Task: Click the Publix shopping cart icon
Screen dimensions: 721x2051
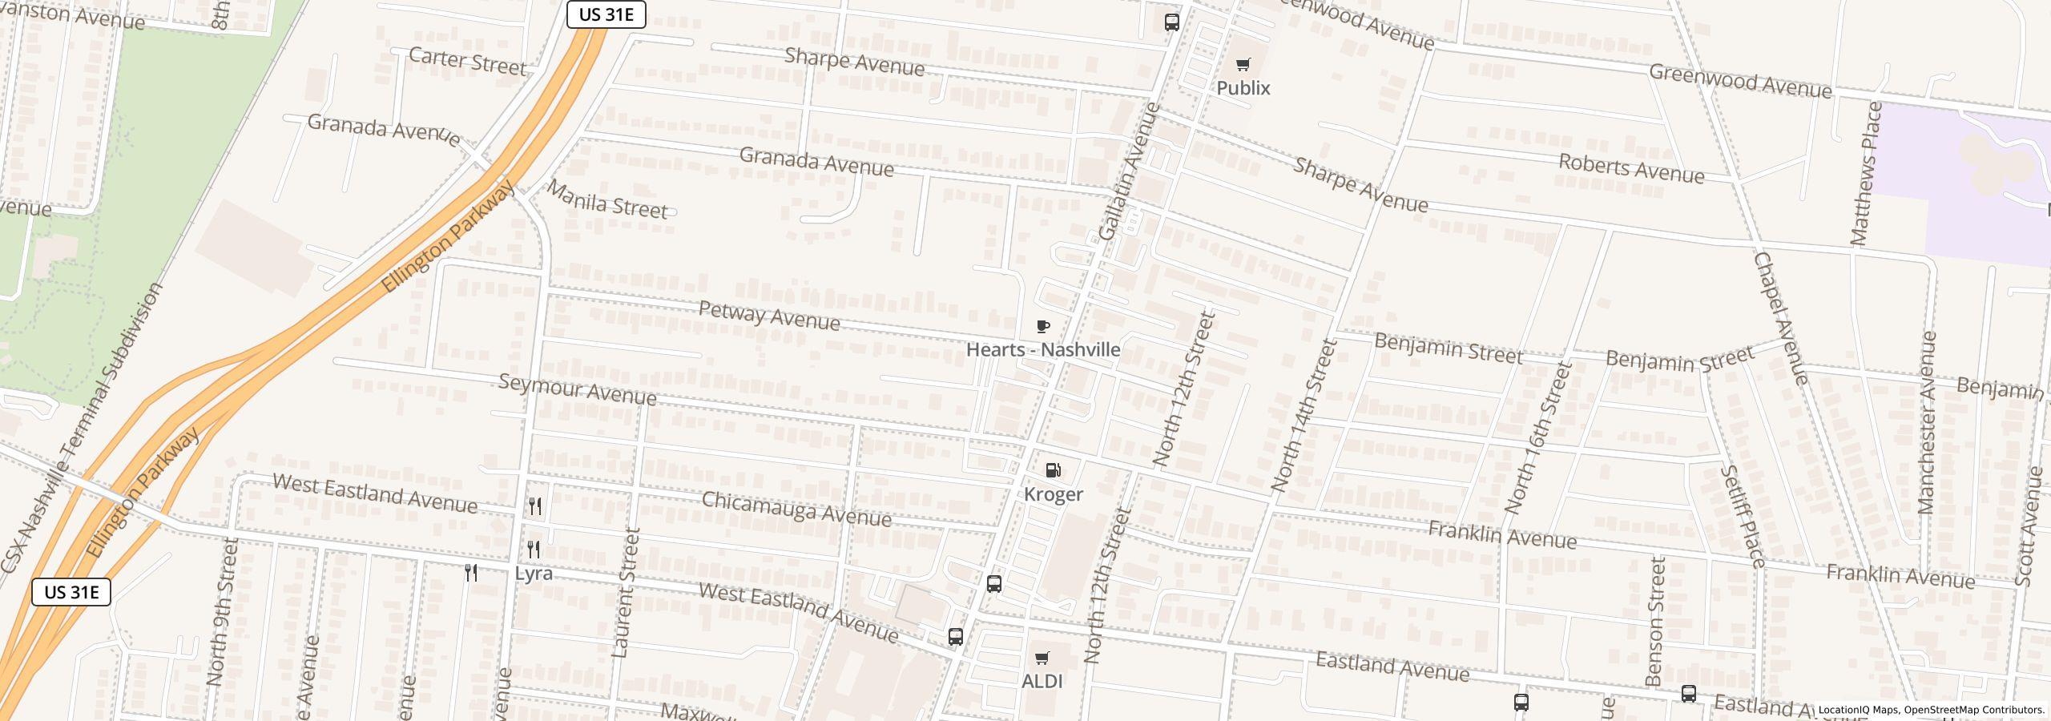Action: click(1243, 65)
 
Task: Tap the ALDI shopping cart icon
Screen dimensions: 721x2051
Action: click(1042, 659)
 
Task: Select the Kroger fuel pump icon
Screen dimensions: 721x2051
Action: click(1054, 470)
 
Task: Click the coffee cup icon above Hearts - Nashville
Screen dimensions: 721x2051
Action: click(1042, 326)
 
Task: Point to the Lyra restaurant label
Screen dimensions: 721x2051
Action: click(534, 574)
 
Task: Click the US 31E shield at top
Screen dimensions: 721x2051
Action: click(606, 14)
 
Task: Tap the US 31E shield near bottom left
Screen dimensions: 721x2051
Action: click(71, 592)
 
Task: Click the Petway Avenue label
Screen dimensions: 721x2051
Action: click(769, 316)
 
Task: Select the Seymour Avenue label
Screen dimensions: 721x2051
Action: click(577, 389)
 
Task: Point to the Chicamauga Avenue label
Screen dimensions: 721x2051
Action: click(796, 510)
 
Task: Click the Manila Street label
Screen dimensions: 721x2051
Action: click(607, 199)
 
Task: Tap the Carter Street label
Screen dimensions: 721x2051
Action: click(467, 61)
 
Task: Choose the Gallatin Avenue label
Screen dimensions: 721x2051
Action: click(1130, 171)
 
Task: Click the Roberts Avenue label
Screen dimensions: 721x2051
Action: click(1631, 169)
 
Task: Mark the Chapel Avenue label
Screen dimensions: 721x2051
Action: click(1780, 318)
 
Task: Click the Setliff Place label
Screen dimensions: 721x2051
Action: click(1743, 517)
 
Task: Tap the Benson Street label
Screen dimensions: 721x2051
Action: click(1656, 622)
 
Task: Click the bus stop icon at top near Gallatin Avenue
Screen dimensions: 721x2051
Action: click(1171, 22)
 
